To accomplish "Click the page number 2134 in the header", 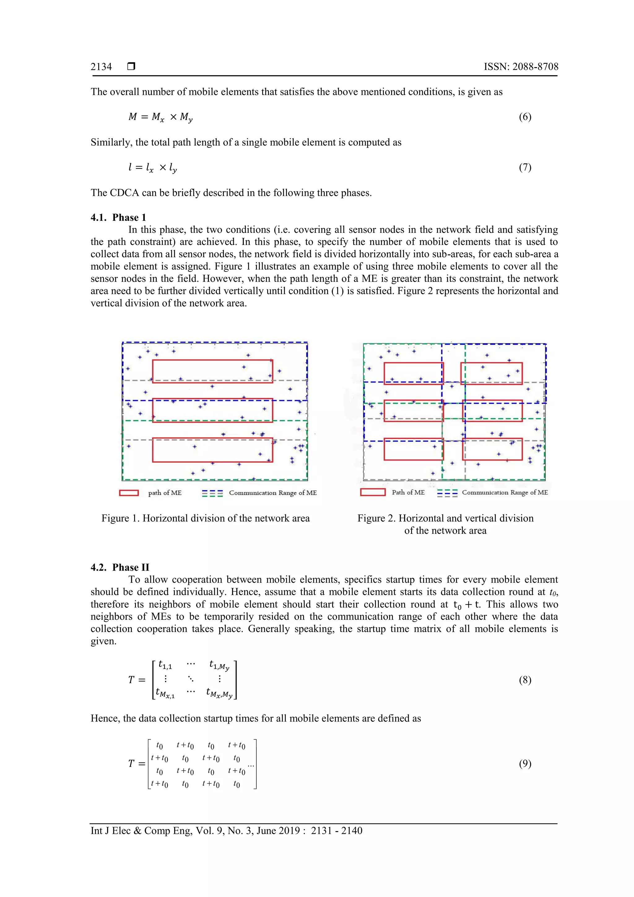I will coord(101,67).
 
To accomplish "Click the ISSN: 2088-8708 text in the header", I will coord(521,67).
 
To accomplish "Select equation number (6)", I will coord(525,117).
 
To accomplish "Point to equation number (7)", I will coord(525,167).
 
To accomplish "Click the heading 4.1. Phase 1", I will coord(118,218).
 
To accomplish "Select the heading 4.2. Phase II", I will coord(119,567).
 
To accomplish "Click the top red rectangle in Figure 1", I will coord(212,371).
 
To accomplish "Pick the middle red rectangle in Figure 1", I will coord(212,410).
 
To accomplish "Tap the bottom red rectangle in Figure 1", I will coord(212,450).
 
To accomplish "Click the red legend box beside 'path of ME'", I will coord(128,493).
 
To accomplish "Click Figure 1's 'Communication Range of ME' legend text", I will coord(273,493).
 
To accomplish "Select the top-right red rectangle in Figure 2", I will coord(491,373).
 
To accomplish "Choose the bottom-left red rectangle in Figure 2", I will coord(413,449).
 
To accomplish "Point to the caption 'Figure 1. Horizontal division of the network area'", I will coord(206,518).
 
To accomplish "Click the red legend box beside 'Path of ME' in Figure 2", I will coord(373,492).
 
